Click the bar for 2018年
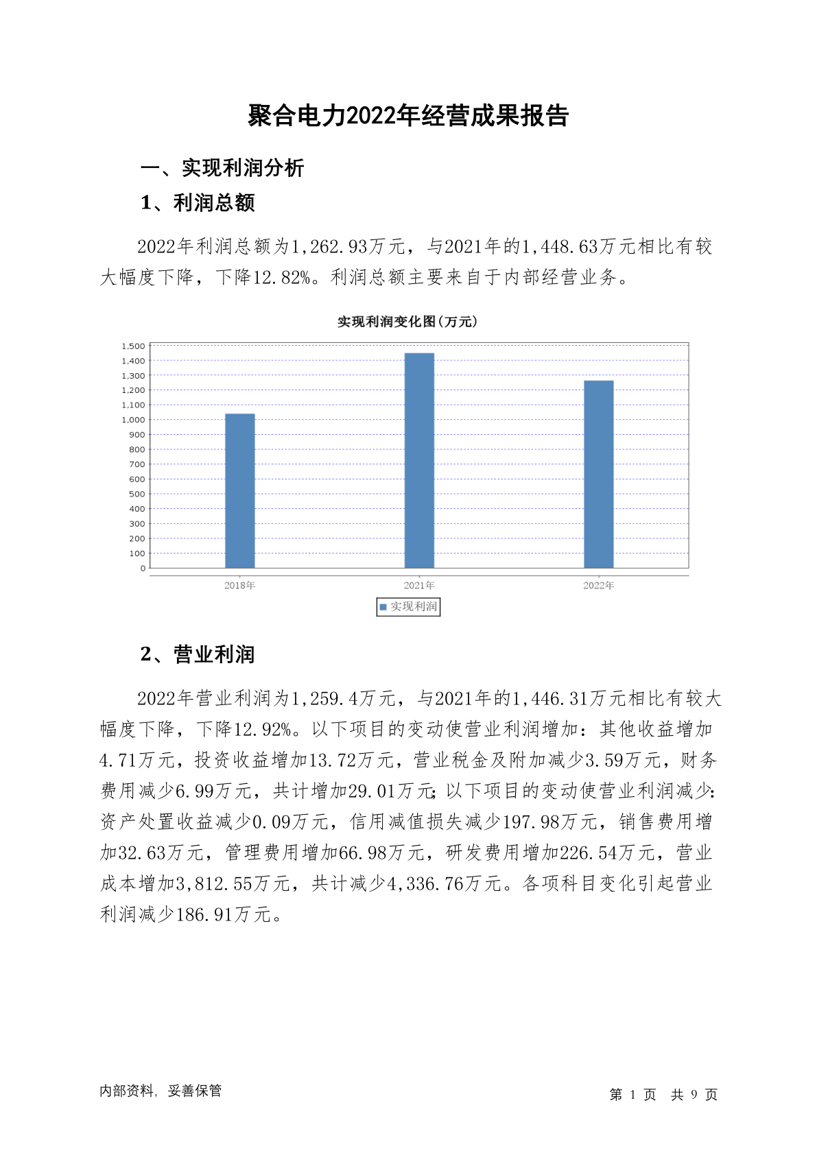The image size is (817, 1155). coord(239,490)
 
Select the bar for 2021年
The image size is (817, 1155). coord(419,460)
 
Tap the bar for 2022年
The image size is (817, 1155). coord(598,474)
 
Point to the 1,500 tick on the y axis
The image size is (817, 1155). coord(134,346)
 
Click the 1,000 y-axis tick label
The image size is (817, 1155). coord(134,420)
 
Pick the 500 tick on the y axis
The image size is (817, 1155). coord(137,494)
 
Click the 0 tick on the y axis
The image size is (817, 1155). coord(143,568)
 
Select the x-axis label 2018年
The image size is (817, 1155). coord(239,585)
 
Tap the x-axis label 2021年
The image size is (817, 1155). coord(419,585)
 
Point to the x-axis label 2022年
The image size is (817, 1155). coord(598,585)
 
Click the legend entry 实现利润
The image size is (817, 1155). coord(409,606)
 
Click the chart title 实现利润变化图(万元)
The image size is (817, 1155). coord(407,322)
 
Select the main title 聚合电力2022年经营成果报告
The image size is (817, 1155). coord(408,116)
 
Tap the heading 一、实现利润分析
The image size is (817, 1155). coord(222,168)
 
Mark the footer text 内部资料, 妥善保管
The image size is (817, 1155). coord(161,1091)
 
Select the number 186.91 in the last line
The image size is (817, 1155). coord(204,914)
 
